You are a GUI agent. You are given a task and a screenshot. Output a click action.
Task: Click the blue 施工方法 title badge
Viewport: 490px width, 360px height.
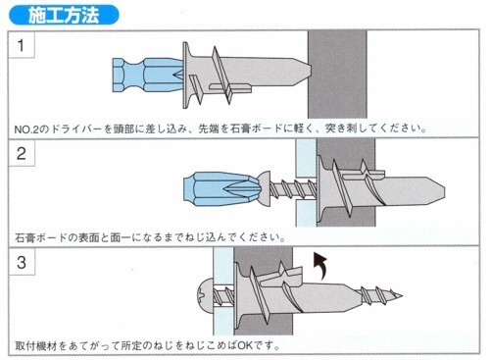click(64, 15)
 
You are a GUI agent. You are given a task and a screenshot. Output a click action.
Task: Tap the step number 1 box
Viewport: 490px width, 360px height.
click(22, 45)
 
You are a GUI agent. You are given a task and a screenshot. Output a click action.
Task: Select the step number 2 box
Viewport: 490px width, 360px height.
click(22, 153)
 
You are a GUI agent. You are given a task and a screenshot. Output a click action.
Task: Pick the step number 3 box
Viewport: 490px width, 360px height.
click(22, 262)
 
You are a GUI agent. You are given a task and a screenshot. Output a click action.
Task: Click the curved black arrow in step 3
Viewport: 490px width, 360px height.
click(320, 265)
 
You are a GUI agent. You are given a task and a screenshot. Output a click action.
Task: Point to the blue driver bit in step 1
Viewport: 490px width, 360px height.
click(148, 76)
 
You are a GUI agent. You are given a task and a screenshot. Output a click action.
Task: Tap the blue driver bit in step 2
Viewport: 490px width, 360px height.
click(221, 189)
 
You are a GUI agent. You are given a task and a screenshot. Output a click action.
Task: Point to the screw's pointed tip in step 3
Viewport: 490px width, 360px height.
click(402, 296)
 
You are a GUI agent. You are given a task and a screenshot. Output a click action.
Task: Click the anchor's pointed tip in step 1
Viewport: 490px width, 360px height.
click(310, 71)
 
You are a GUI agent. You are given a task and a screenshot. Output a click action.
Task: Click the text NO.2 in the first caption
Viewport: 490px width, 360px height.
click(26, 129)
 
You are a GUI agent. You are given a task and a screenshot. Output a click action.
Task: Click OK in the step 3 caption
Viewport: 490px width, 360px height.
click(246, 345)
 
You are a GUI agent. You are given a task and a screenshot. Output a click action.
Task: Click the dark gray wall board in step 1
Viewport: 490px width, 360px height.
click(337, 75)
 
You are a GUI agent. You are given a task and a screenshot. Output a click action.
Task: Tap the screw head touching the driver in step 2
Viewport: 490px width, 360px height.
click(265, 188)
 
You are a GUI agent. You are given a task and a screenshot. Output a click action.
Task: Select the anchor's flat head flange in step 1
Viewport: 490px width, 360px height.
click(186, 75)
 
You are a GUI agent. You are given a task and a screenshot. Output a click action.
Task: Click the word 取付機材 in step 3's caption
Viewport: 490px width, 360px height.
click(36, 345)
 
